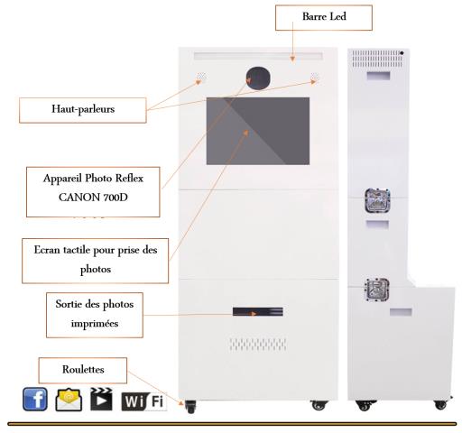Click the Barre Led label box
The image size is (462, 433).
point(324,18)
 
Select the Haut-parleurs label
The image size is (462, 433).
point(83,110)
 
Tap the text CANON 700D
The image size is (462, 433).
point(93,198)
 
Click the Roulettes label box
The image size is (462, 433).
point(83,370)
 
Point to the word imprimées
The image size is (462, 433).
point(95,324)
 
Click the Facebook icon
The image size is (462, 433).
point(35,399)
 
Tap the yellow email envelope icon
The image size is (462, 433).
point(69,400)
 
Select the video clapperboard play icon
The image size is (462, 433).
point(101,399)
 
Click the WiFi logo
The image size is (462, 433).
point(143,401)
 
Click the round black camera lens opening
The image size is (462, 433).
point(258,78)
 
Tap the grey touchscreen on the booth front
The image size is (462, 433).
point(258,131)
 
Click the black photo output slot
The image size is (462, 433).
point(258,311)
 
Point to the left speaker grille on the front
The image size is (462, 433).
point(201,77)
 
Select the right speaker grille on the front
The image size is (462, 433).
point(315,77)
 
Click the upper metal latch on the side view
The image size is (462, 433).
point(377,200)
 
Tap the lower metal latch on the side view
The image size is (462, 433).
point(376,290)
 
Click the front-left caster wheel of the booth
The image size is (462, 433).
point(190,407)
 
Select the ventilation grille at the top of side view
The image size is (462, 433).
point(377,59)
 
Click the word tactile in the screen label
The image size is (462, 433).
point(77,250)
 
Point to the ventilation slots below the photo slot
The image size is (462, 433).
point(258,345)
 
